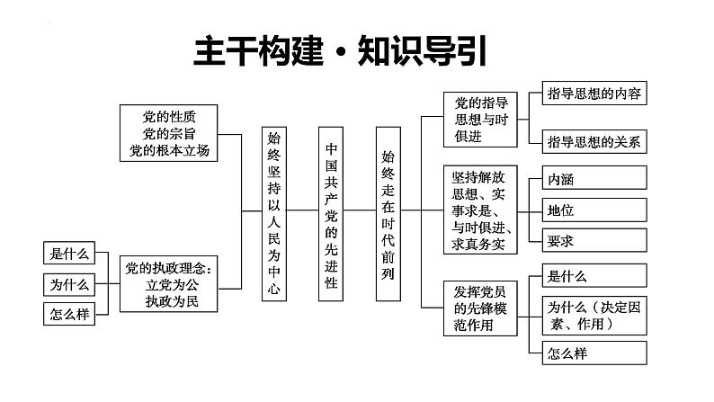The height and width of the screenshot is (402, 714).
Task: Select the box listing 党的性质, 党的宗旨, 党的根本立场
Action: (x=169, y=133)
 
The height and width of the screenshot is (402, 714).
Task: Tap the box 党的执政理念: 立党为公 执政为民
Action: (x=170, y=283)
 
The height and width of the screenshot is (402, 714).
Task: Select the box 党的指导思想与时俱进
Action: (x=480, y=119)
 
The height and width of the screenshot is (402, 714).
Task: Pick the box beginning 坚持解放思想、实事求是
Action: (x=480, y=210)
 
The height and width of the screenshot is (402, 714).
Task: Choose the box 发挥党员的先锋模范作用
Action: (x=480, y=308)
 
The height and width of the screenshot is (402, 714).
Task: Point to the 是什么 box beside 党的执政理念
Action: (x=70, y=254)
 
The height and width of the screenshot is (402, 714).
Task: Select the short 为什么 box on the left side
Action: (x=70, y=284)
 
